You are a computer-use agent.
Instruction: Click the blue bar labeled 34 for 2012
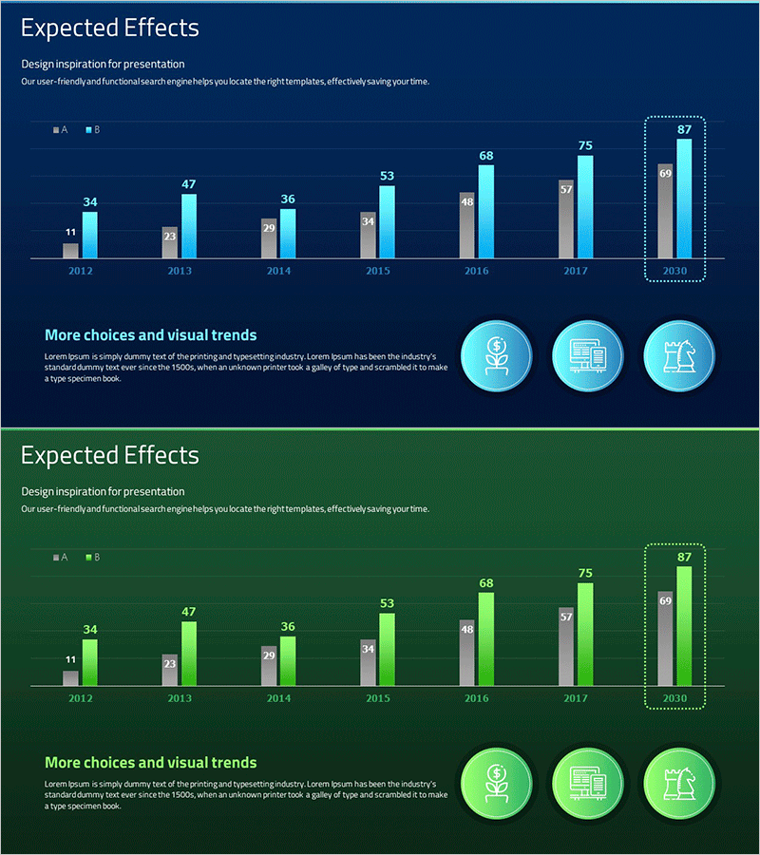(90, 235)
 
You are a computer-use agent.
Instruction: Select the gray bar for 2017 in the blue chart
(566, 219)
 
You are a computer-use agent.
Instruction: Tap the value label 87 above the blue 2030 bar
(684, 129)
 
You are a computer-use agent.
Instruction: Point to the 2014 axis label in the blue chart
(278, 272)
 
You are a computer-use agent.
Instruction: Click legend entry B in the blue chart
(92, 129)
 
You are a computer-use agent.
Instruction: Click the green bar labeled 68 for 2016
(486, 638)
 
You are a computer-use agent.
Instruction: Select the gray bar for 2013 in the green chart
(169, 670)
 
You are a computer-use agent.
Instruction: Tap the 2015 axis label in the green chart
(378, 699)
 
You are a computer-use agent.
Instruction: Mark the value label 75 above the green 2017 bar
(585, 573)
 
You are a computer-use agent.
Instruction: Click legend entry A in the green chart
(60, 558)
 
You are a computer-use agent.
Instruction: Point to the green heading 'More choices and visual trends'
(150, 763)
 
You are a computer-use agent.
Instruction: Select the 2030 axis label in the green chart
(674, 699)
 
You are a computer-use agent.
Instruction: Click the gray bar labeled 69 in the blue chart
(665, 211)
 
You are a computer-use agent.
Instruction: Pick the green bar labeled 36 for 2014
(288, 660)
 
